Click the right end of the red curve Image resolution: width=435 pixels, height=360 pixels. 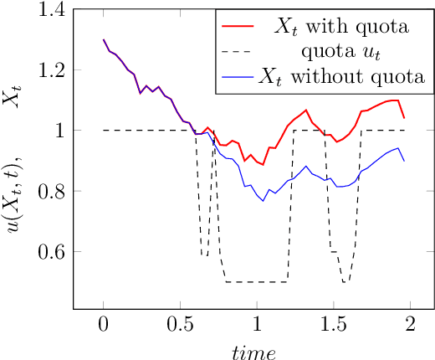404,118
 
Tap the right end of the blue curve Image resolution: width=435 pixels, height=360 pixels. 404,161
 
